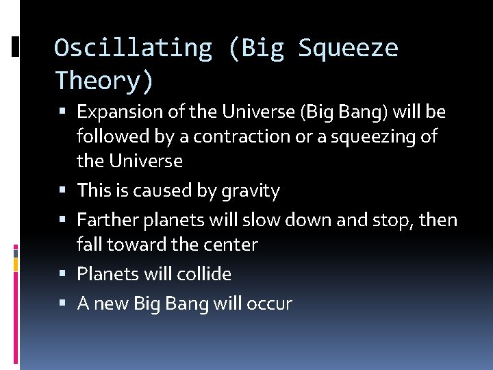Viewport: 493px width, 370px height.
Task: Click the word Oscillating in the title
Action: click(134, 48)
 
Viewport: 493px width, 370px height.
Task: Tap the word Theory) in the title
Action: click(104, 81)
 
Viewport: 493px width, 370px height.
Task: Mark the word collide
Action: click(204, 274)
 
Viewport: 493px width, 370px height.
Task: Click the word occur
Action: click(273, 304)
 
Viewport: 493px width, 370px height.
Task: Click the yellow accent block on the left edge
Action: click(16, 263)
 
